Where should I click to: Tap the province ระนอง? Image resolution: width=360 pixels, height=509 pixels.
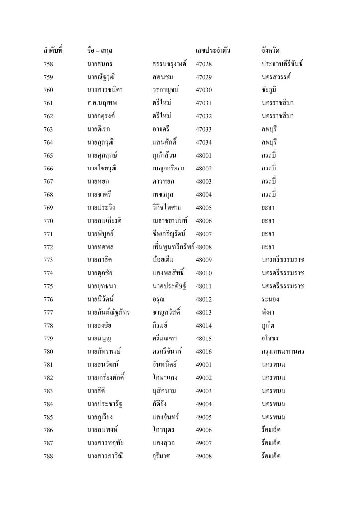click(269, 299)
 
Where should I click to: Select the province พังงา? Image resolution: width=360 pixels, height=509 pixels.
click(268, 312)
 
